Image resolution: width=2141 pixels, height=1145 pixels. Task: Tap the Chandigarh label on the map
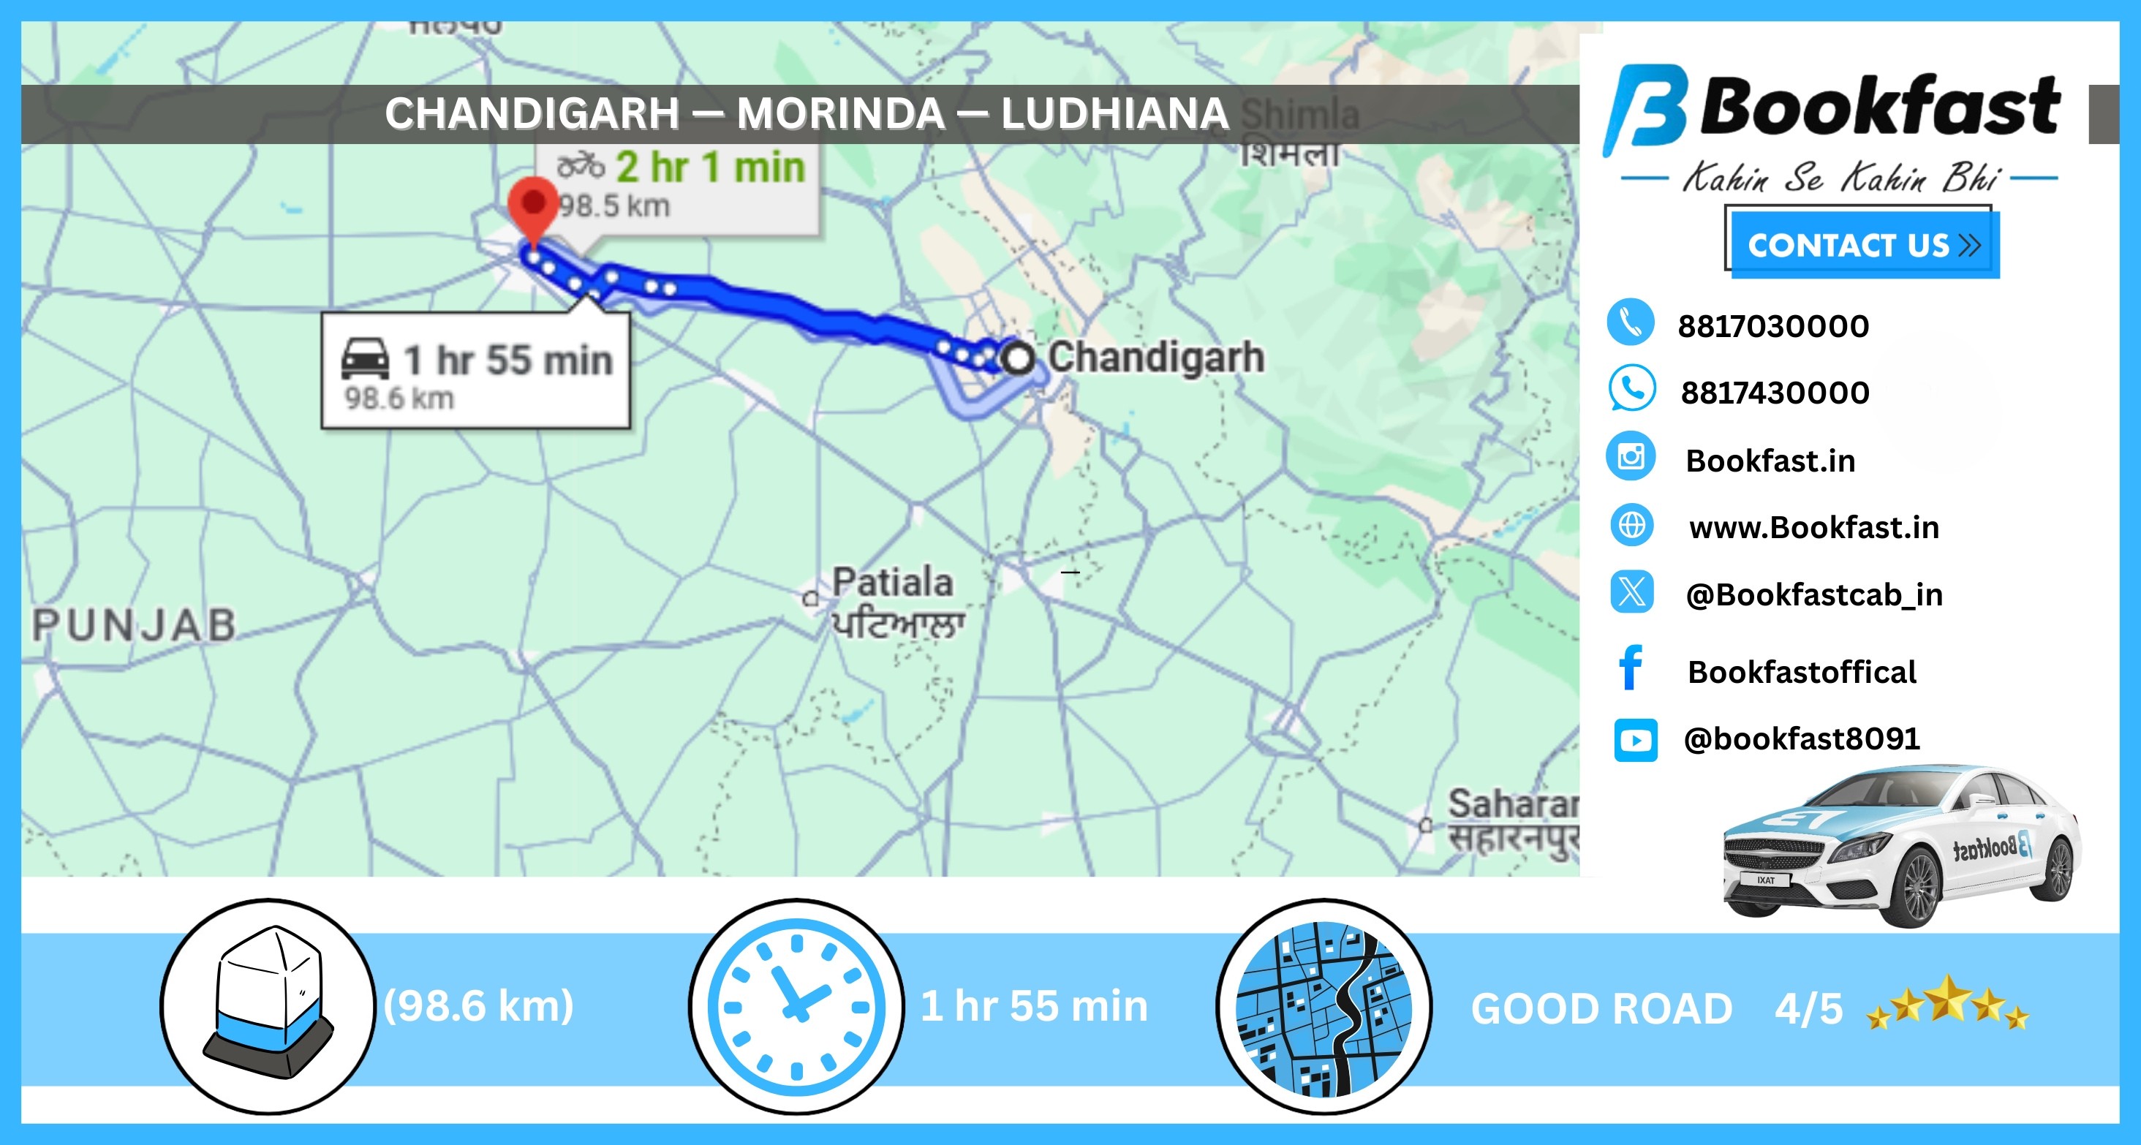tap(1155, 358)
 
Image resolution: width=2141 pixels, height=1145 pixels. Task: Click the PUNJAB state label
tap(135, 626)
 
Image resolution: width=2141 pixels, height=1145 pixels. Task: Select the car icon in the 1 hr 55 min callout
tap(365, 359)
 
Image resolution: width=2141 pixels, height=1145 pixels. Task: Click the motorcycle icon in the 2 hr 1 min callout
tap(580, 166)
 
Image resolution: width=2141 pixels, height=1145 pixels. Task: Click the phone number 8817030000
tap(1772, 325)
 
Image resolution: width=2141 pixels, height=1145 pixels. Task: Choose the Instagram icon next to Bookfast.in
tap(1631, 456)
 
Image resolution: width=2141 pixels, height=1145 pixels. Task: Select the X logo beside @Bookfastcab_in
tap(1631, 592)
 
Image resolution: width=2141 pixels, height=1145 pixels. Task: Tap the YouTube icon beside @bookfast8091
tap(1635, 739)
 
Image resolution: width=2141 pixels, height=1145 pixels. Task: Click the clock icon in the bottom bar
tap(796, 1006)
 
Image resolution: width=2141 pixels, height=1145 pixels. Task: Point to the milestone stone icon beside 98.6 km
tap(268, 1005)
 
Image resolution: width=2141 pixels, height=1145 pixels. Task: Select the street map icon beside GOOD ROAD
tap(1324, 1007)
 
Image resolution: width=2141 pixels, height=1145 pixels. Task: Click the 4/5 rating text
tap(1808, 1009)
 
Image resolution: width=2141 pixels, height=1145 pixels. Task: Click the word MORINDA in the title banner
tap(840, 113)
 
